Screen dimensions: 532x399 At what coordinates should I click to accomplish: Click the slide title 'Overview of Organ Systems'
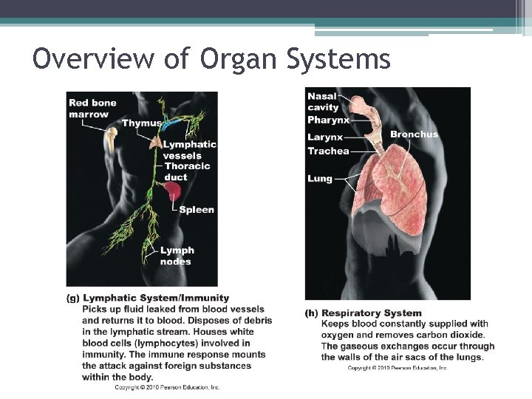[x=211, y=59]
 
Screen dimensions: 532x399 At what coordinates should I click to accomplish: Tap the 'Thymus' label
[x=142, y=123]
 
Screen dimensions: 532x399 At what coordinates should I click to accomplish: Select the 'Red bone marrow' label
[x=92, y=108]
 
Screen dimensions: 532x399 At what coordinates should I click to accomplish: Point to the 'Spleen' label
[x=197, y=210]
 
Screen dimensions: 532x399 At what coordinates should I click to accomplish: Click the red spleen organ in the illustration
[x=174, y=193]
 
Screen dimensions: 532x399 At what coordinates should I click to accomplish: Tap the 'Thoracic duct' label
[x=186, y=171]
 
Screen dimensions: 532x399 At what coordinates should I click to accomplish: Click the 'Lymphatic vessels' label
[x=189, y=150]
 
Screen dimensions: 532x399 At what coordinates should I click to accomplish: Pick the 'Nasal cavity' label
[x=322, y=102]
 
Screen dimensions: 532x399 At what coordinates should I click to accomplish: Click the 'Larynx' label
[x=325, y=137]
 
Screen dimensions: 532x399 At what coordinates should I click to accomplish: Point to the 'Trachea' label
[x=328, y=151]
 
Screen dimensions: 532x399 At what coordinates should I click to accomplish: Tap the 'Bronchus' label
[x=414, y=134]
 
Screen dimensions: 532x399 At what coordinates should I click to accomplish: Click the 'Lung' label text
[x=320, y=178]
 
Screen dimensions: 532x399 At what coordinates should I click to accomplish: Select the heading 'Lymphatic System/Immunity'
[x=156, y=298]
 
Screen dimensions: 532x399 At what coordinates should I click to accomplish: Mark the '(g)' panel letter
[x=73, y=298]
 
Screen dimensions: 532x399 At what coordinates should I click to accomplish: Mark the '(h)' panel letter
[x=313, y=313]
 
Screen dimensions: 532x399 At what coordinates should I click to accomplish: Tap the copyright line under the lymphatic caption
[x=167, y=387]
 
